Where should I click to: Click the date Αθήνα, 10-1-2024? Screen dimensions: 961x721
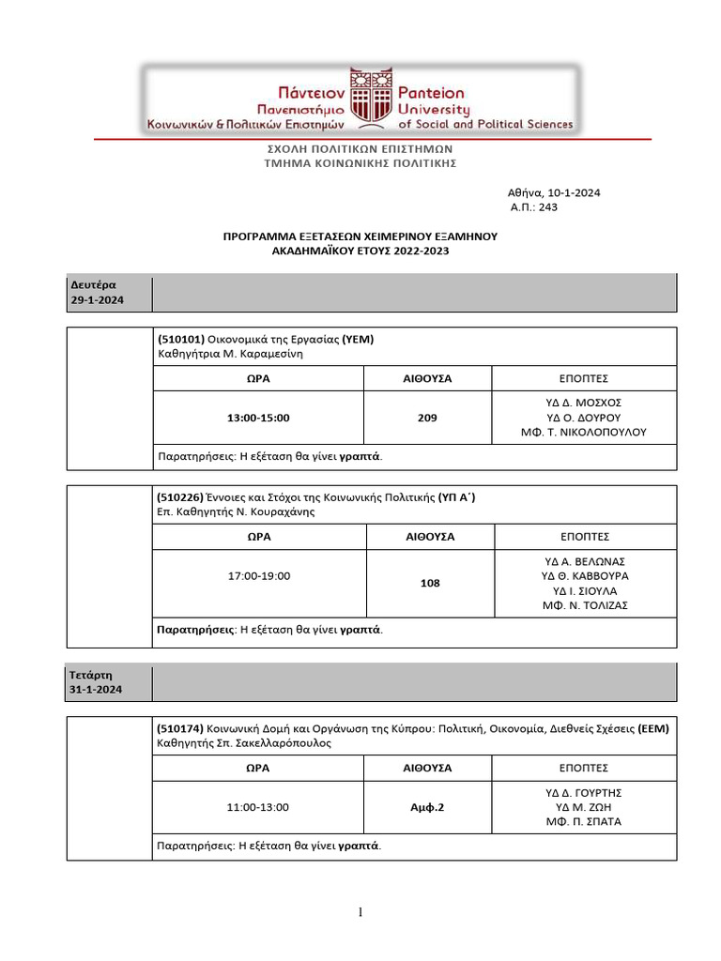click(554, 193)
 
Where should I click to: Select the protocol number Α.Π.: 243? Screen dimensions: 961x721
click(533, 207)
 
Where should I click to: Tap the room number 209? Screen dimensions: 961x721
click(427, 418)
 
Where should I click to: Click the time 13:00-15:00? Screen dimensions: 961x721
click(258, 418)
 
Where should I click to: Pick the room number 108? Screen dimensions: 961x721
click(430, 583)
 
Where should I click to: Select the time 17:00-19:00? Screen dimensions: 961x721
click(259, 575)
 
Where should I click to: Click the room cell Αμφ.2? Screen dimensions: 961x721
click(427, 807)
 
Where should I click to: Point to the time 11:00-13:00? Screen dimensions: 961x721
click(258, 807)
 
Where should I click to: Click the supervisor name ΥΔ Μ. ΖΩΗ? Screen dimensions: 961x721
click(590, 807)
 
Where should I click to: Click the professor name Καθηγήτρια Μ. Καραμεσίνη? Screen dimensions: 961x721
click(231, 355)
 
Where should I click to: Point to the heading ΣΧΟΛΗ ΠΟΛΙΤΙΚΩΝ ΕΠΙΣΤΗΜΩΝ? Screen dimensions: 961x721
click(360, 148)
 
